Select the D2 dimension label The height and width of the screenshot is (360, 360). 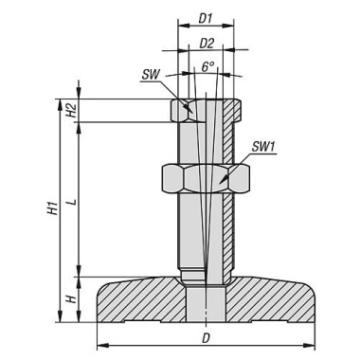tap(207, 44)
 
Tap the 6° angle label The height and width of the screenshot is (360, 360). tap(208, 66)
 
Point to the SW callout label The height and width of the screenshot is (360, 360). tap(151, 75)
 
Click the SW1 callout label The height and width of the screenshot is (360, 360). tap(264, 147)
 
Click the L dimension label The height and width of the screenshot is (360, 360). tap(72, 202)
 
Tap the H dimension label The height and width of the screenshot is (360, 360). tap(72, 298)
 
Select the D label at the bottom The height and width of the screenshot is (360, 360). tap(206, 339)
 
